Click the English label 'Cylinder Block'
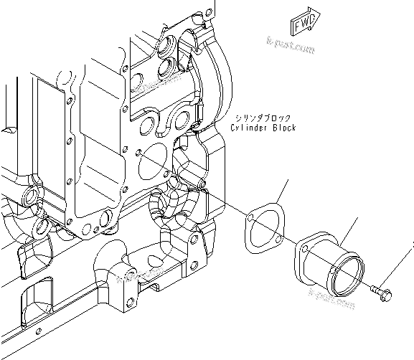(264, 127)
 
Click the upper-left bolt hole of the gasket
(250, 215)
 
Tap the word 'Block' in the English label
(283, 127)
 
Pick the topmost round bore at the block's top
(164, 46)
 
